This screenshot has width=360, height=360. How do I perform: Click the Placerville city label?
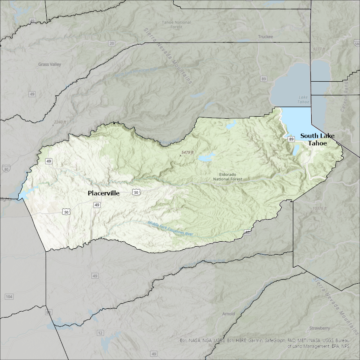(x=103, y=193)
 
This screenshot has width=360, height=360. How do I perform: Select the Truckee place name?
(x=265, y=37)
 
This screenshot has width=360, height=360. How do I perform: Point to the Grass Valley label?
(x=49, y=65)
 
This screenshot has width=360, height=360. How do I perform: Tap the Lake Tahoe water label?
(x=303, y=100)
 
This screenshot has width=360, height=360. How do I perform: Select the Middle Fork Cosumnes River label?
(x=171, y=229)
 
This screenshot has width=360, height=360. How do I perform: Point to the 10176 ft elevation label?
(x=319, y=208)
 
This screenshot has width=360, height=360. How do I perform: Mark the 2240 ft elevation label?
(x=60, y=122)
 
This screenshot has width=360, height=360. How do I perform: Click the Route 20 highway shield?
(x=111, y=43)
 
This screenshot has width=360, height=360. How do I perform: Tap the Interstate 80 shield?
(x=5, y=168)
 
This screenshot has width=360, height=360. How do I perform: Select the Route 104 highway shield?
(x=9, y=297)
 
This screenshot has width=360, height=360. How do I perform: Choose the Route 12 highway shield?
(x=100, y=333)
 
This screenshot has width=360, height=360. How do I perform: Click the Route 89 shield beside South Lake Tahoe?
(x=290, y=139)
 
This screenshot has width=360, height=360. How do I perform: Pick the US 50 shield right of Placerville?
(x=136, y=192)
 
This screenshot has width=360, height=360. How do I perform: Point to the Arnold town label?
(x=228, y=314)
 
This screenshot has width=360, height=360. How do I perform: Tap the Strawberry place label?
(x=320, y=328)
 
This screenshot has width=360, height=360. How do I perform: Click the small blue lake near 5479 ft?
(x=206, y=158)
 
